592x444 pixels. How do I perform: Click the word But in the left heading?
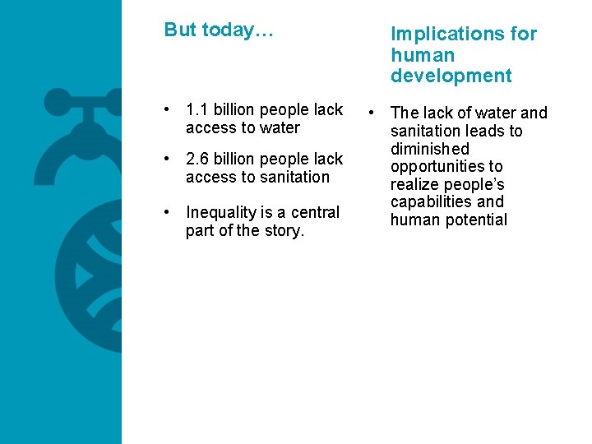(x=180, y=30)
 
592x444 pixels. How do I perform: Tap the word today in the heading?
(x=229, y=30)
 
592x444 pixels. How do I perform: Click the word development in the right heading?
(x=451, y=76)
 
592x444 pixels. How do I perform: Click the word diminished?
(x=429, y=149)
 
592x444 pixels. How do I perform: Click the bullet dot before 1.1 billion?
(x=167, y=110)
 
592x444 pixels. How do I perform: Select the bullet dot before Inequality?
(x=167, y=213)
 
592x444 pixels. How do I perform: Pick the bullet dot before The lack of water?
(x=372, y=113)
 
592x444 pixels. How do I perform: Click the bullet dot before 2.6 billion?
(x=167, y=160)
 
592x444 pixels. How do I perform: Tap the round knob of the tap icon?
(x=58, y=103)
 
